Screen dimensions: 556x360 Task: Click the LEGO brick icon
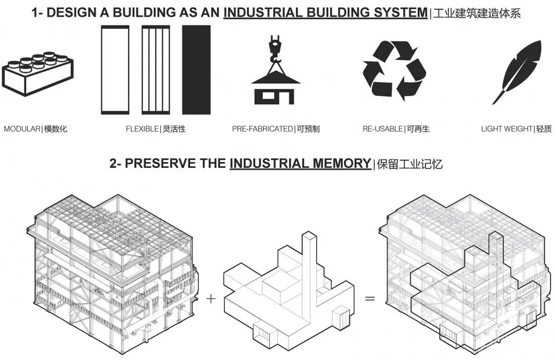click(x=38, y=74)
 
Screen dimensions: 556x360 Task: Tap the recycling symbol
click(x=394, y=71)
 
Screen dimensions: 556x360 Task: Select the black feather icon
click(x=517, y=72)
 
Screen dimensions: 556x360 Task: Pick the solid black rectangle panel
click(x=196, y=70)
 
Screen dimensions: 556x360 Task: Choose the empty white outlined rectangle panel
click(x=115, y=70)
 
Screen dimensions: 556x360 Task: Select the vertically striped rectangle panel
click(x=156, y=70)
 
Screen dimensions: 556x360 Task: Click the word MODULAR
click(x=22, y=129)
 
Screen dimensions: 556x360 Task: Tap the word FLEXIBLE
click(x=142, y=129)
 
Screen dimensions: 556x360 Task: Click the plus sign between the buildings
click(x=211, y=299)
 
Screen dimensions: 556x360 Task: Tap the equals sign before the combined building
click(x=370, y=299)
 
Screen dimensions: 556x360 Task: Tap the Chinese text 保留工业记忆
click(x=409, y=164)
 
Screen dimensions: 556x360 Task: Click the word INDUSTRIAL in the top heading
click(x=263, y=13)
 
